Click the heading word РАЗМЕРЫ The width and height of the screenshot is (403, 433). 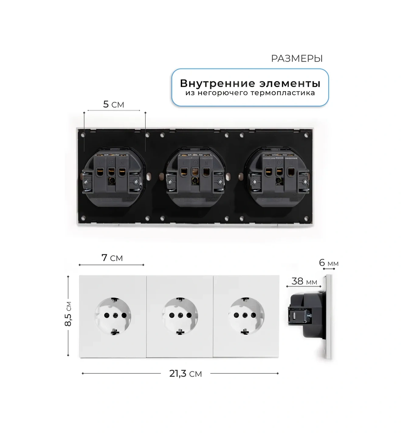[297, 58]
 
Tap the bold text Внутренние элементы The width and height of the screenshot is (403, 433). [250, 83]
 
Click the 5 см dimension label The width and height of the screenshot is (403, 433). [113, 105]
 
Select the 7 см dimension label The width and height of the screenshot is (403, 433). [112, 258]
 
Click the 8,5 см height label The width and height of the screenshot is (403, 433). [68, 314]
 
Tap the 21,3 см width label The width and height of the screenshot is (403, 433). [186, 374]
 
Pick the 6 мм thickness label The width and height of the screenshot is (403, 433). [329, 263]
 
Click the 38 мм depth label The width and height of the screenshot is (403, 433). [304, 281]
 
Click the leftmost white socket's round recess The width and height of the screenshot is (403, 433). [113, 316]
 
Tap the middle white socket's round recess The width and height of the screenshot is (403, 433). [180, 316]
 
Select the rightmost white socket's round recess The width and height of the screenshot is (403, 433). [246, 316]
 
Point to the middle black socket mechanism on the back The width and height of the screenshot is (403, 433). [195, 177]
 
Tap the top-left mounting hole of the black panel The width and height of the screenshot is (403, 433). [83, 135]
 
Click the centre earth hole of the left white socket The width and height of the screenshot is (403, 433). [115, 315]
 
